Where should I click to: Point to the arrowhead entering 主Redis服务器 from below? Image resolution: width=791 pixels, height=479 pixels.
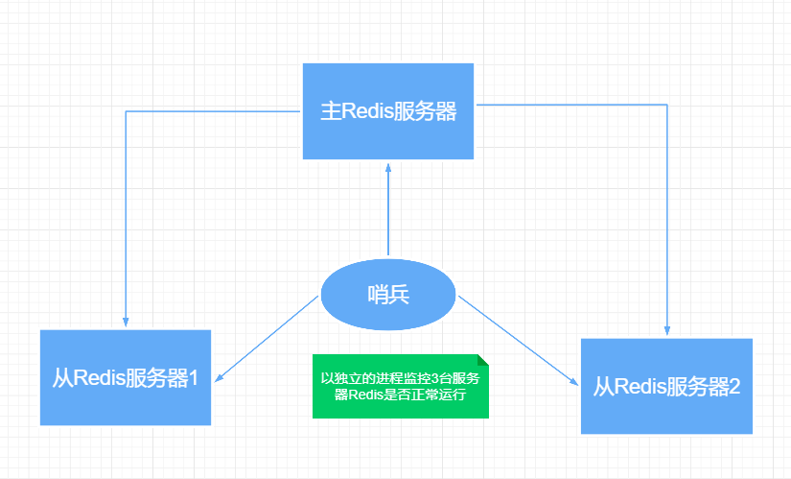[x=388, y=166]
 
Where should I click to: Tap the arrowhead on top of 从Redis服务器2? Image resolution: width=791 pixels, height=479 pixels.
[x=666, y=331]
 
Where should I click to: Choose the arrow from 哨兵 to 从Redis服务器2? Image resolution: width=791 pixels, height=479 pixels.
[x=518, y=341]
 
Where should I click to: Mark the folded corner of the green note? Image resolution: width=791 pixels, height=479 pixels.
[x=482, y=361]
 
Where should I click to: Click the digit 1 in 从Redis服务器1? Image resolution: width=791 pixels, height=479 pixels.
[x=193, y=377]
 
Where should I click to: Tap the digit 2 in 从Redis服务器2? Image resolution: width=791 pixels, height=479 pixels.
[x=734, y=387]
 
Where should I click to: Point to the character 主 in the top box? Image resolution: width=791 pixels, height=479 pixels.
[x=331, y=111]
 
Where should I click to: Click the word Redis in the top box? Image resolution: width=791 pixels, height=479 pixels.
[x=365, y=111]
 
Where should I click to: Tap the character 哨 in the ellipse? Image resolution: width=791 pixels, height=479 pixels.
[x=378, y=296]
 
